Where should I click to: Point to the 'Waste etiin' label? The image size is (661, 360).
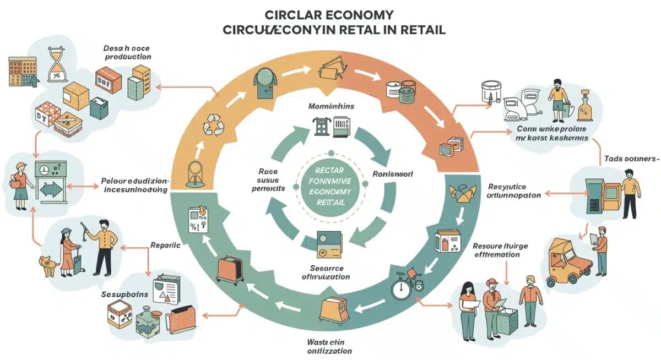click(x=328, y=342)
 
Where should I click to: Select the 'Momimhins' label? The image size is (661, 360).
click(x=330, y=106)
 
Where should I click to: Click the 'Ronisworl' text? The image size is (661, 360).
click(x=393, y=173)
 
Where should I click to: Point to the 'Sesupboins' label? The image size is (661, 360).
click(x=125, y=294)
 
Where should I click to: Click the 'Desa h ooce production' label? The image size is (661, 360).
click(x=127, y=52)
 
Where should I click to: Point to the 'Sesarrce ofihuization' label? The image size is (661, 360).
click(x=327, y=272)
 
